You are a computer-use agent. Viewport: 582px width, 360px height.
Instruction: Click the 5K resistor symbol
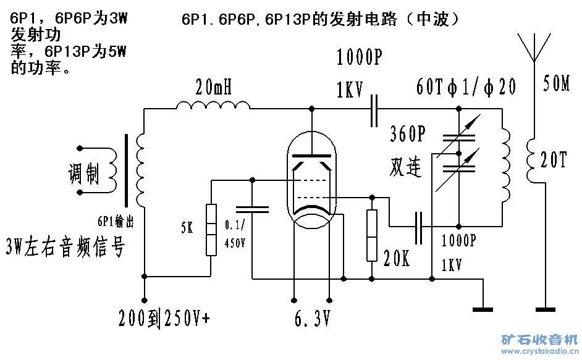click(211, 229)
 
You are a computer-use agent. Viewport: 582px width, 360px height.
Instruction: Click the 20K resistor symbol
click(371, 235)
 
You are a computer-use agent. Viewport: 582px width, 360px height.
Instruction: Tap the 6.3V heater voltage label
click(312, 320)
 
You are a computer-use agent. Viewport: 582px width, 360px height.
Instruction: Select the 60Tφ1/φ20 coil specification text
click(466, 86)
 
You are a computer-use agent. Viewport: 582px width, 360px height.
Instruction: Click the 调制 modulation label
click(84, 175)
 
